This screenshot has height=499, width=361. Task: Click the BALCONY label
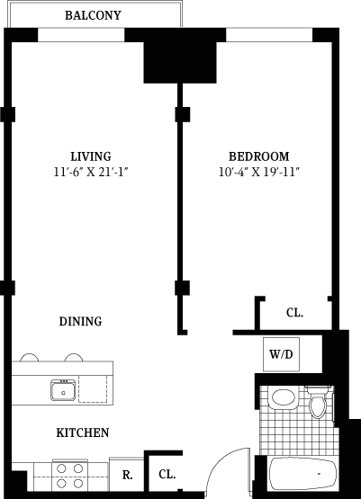click(x=93, y=15)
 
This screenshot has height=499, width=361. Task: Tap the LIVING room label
click(x=91, y=156)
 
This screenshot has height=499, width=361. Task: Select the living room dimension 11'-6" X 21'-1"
click(x=91, y=172)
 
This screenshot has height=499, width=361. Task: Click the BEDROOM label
click(x=259, y=156)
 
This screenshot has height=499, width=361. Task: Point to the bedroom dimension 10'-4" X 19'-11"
click(x=259, y=172)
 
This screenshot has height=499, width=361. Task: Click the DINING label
click(x=81, y=321)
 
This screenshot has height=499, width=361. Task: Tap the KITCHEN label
click(x=83, y=432)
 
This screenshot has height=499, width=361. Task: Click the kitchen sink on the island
click(x=63, y=390)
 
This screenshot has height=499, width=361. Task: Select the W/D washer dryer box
click(x=281, y=354)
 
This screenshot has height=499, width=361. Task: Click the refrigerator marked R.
click(x=127, y=475)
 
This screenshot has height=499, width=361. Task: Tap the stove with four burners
click(x=70, y=476)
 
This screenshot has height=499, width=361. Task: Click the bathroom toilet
click(x=319, y=402)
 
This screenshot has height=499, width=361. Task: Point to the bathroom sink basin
click(x=284, y=397)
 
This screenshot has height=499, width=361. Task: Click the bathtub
click(x=302, y=473)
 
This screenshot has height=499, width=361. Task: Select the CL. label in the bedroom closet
click(x=294, y=313)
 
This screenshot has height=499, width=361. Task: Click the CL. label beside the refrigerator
click(x=167, y=475)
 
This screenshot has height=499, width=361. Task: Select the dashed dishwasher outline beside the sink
click(x=93, y=389)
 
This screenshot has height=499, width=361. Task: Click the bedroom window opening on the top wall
click(x=269, y=35)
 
